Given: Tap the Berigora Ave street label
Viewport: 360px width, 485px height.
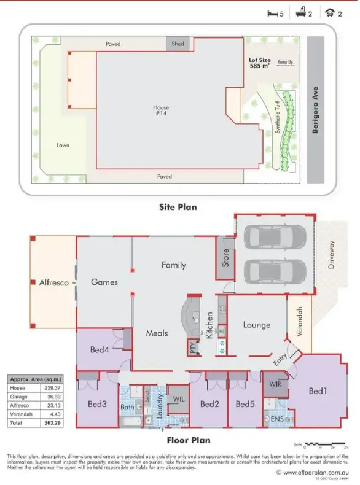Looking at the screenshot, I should [x=315, y=110].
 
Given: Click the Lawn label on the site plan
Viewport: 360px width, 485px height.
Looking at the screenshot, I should [x=63, y=145].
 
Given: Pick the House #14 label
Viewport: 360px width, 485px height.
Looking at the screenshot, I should [x=161, y=111].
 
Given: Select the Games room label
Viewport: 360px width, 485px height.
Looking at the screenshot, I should [x=104, y=282].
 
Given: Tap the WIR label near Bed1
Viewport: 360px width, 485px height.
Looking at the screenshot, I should [x=275, y=384].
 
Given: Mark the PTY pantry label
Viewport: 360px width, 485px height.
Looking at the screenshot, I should [x=192, y=347].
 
